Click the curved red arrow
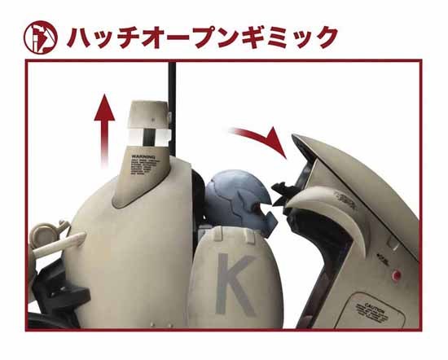click(x=259, y=137)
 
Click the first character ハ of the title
click(x=80, y=37)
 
